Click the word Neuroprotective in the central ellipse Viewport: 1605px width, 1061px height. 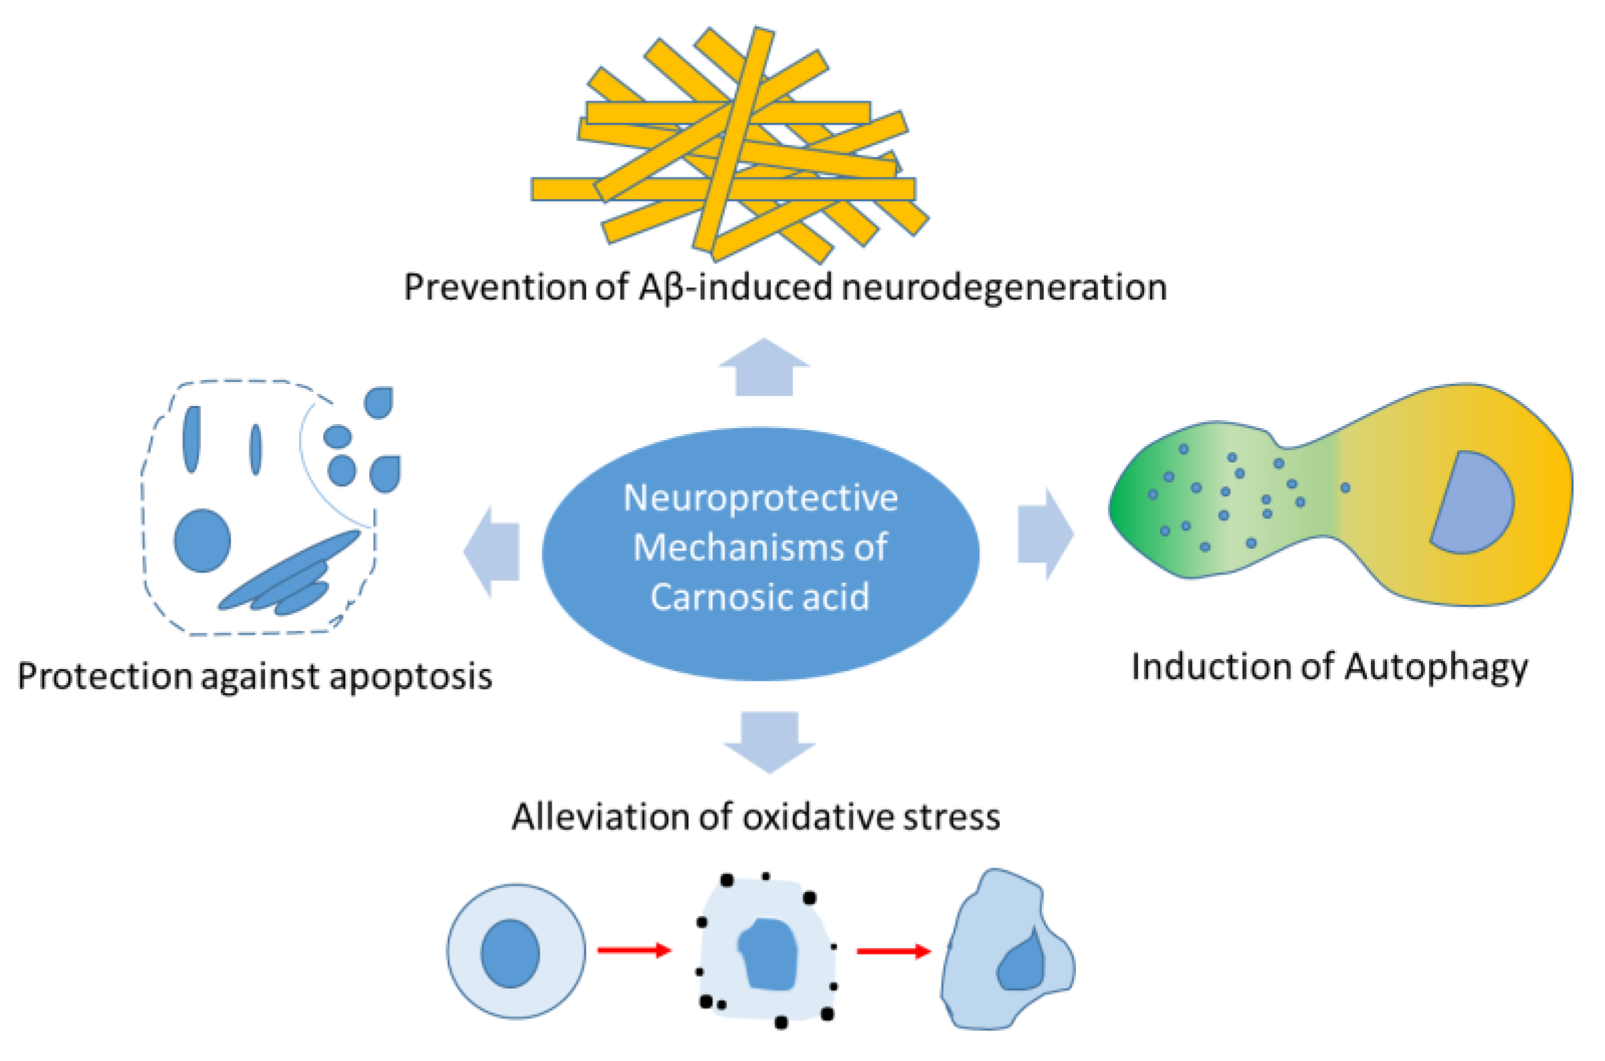[760, 498]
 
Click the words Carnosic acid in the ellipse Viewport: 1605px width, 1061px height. [760, 597]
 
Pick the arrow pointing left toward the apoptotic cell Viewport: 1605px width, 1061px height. [492, 551]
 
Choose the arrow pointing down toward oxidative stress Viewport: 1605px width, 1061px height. [770, 742]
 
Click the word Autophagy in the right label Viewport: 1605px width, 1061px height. [1436, 668]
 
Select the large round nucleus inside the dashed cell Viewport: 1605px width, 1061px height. [202, 541]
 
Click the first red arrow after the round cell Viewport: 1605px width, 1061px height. [634, 951]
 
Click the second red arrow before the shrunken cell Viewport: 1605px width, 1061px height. [893, 951]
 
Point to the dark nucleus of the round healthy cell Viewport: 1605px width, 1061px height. [510, 953]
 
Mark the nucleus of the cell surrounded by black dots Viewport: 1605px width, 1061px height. [768, 955]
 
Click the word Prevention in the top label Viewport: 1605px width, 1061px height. [495, 287]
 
